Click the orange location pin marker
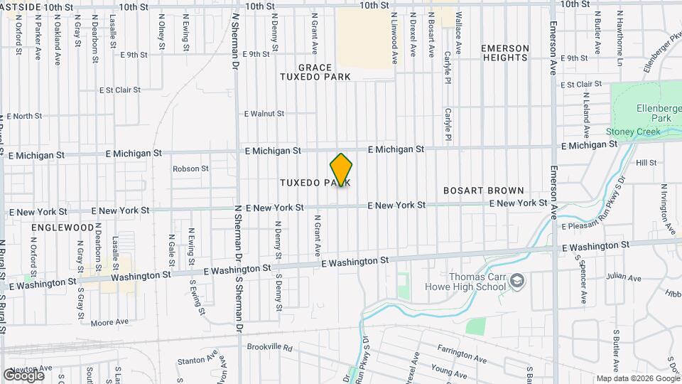point(341,169)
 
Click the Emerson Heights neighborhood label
point(505,53)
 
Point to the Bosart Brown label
point(483,191)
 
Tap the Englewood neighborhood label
point(63,228)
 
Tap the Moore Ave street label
point(109,322)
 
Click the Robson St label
point(190,169)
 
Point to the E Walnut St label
point(264,113)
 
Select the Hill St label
point(646,163)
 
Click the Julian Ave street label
point(620,277)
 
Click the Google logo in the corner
point(23,375)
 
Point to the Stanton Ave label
point(196,361)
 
